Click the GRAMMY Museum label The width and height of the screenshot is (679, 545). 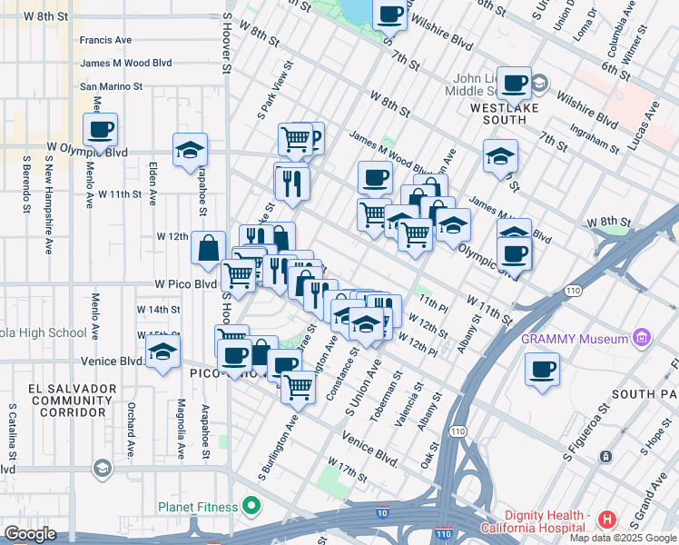tap(575, 339)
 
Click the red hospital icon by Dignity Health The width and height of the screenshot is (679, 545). tap(606, 520)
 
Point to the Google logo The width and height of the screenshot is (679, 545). tap(30, 534)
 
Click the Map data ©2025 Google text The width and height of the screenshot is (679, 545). tap(624, 538)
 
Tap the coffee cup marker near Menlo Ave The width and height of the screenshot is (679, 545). tap(101, 129)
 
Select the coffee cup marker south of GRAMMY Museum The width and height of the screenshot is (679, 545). tap(542, 370)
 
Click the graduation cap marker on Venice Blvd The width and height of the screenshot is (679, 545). tap(162, 352)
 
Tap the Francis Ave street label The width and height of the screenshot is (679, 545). tap(105, 40)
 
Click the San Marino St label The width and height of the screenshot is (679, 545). tap(112, 86)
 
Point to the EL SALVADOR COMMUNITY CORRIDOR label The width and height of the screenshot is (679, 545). tap(73, 401)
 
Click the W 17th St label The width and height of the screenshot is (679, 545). tap(346, 477)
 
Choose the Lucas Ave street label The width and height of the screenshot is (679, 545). tap(651, 117)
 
